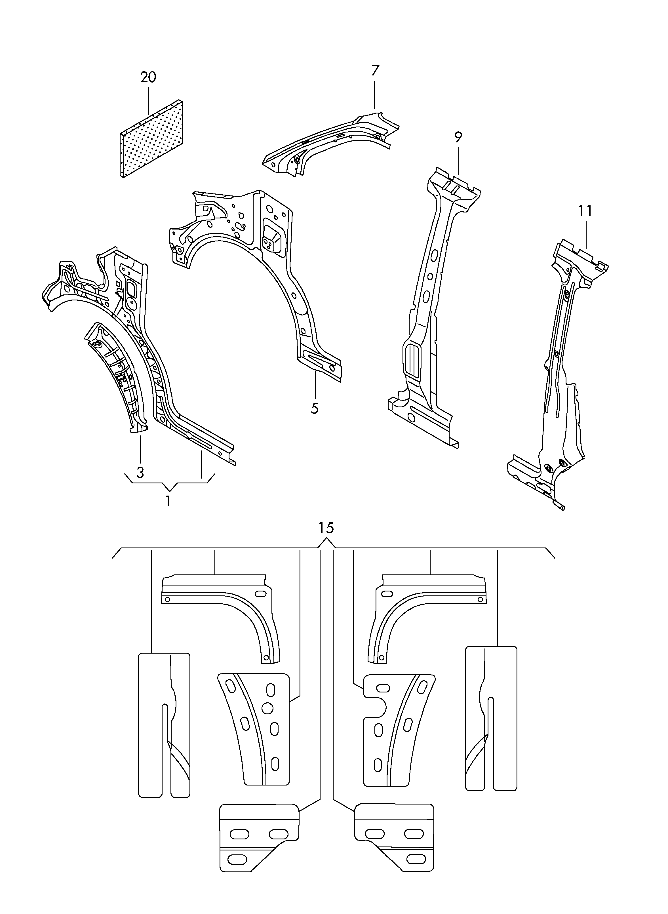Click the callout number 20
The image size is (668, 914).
pyautogui.click(x=148, y=77)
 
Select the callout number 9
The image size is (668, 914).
pyautogui.click(x=458, y=138)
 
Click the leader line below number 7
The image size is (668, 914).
pyautogui.click(x=374, y=95)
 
